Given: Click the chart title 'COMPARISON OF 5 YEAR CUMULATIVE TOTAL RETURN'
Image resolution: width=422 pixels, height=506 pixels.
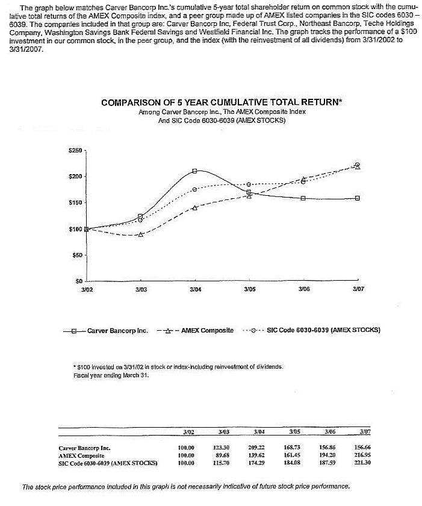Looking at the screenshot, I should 222,102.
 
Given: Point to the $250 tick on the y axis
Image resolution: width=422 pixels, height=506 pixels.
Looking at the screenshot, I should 75,150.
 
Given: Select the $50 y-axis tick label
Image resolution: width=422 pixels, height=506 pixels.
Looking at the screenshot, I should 78,255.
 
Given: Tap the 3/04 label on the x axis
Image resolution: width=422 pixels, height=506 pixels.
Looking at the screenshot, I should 194,290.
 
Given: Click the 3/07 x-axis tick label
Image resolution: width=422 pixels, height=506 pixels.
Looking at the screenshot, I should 357,290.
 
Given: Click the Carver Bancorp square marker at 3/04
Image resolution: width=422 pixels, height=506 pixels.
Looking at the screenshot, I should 194,171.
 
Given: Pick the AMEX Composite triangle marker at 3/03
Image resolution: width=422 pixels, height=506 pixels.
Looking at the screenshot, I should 140,234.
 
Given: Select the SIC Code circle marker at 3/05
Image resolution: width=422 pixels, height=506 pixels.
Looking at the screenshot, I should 249,184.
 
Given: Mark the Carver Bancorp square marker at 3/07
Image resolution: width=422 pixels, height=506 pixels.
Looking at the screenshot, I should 357,198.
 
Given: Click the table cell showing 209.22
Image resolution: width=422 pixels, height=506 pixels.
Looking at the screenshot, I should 259,448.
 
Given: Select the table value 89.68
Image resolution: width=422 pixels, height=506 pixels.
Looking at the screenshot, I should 223,455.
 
